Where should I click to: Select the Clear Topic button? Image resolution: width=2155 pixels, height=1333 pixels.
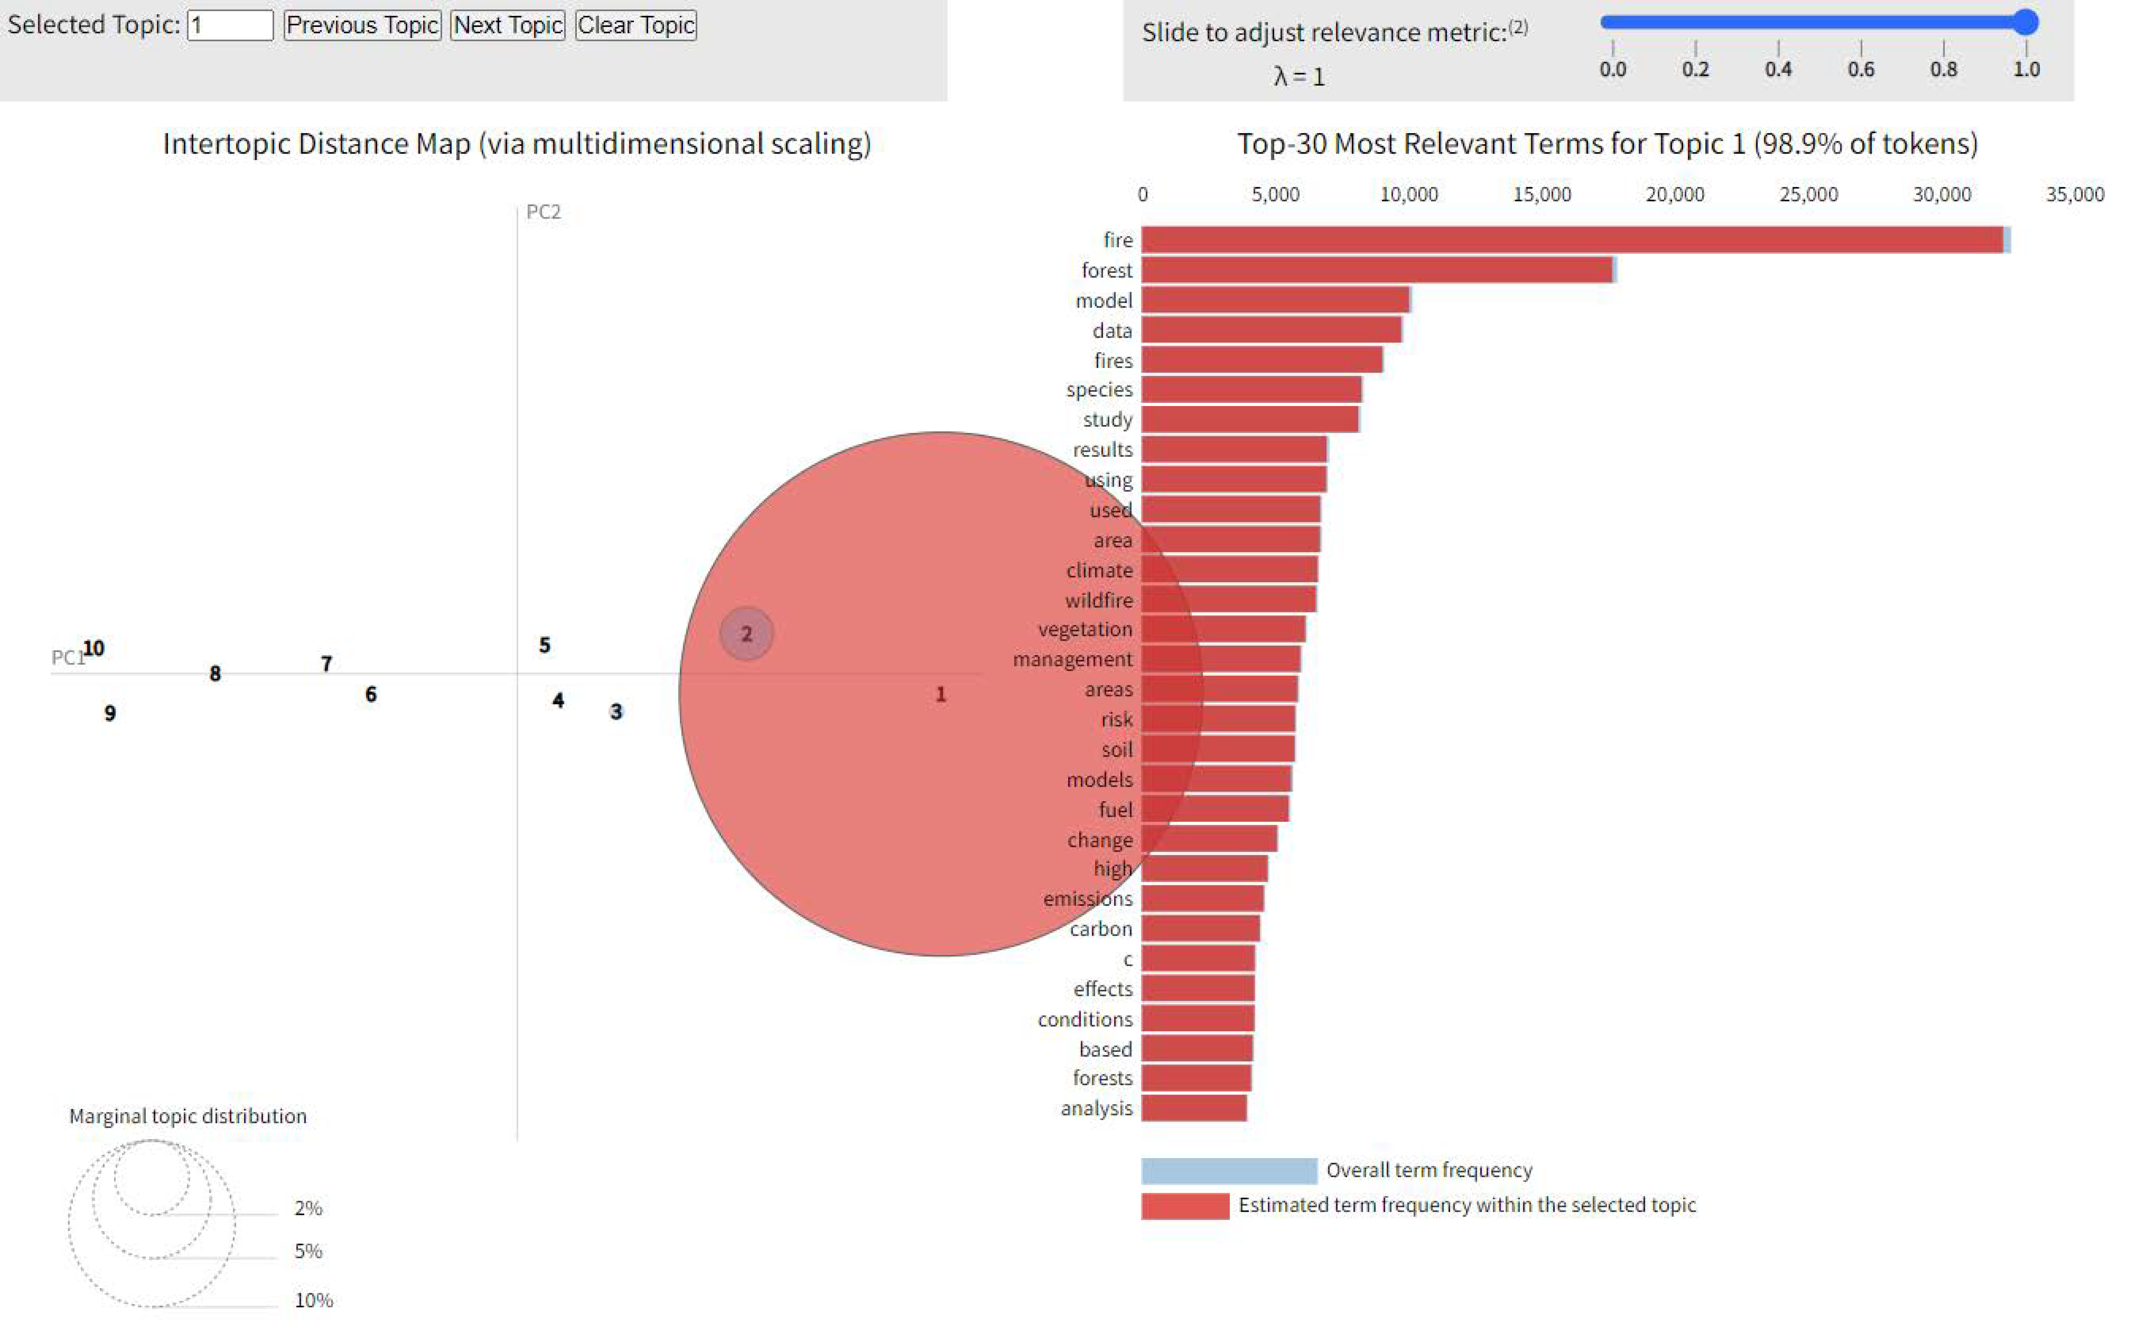click(635, 25)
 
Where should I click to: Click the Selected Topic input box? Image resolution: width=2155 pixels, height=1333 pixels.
click(230, 25)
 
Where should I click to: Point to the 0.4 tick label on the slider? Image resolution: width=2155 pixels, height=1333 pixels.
click(1778, 69)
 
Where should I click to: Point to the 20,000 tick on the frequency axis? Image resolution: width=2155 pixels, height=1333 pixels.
click(1675, 194)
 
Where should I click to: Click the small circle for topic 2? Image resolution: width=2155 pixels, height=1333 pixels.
click(746, 633)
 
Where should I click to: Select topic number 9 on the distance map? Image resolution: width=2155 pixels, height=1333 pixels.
click(110, 713)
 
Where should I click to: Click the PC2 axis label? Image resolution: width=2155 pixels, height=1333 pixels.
click(543, 212)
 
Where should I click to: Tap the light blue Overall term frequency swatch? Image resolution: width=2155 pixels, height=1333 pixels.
click(1229, 1171)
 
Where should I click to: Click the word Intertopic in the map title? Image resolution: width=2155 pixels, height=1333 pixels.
click(226, 144)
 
